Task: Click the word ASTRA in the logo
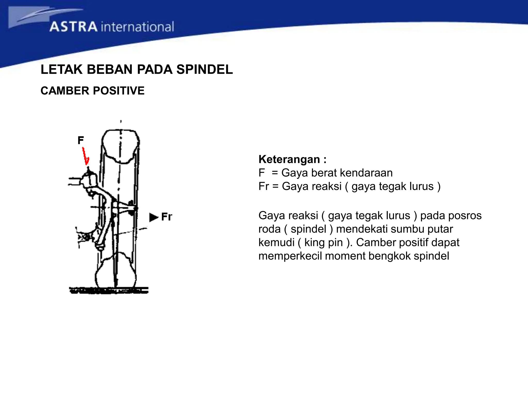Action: click(73, 27)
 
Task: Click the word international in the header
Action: click(137, 27)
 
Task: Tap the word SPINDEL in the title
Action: click(204, 69)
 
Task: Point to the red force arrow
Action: click(85, 156)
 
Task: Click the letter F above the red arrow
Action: click(80, 140)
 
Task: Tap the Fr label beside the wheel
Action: click(167, 217)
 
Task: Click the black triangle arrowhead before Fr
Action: click(153, 217)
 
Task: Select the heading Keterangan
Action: click(289, 159)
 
